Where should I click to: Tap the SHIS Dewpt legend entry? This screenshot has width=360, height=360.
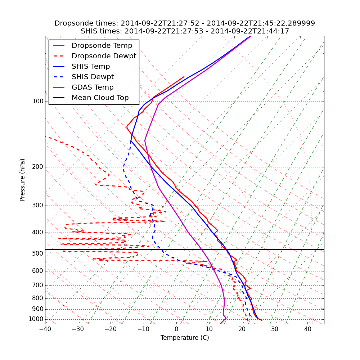click(x=93, y=77)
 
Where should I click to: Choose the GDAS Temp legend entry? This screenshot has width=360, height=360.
click(x=93, y=87)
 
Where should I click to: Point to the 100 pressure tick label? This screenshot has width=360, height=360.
click(x=38, y=102)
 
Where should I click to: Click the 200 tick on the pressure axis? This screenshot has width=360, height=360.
click(x=38, y=167)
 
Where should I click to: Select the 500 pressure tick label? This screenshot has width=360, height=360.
click(x=38, y=254)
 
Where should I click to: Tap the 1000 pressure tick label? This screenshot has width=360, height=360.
click(x=36, y=319)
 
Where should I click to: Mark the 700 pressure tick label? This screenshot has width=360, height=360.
click(x=38, y=285)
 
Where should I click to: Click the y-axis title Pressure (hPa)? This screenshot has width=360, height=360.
click(x=23, y=180)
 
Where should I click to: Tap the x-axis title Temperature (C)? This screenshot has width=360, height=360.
click(x=185, y=338)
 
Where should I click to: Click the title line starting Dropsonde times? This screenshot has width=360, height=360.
click(x=185, y=23)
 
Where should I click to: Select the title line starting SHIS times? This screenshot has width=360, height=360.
click(x=185, y=31)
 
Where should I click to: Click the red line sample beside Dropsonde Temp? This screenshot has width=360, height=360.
click(x=59, y=46)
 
